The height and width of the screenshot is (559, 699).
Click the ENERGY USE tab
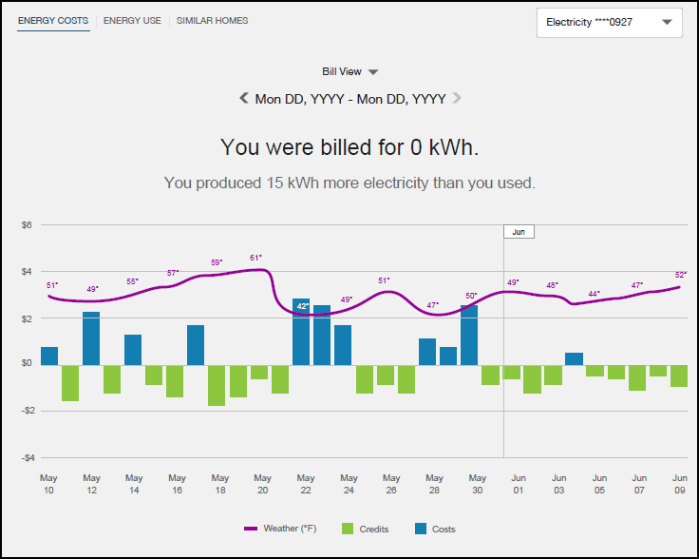tap(132, 20)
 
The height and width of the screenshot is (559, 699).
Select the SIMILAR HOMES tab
tap(212, 20)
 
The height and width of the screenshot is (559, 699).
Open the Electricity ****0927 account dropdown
tap(609, 22)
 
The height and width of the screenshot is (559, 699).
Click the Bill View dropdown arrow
tap(373, 72)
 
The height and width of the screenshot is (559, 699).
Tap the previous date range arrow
tap(244, 97)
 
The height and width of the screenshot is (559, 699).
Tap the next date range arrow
tap(457, 97)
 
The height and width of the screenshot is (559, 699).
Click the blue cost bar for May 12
tap(91, 337)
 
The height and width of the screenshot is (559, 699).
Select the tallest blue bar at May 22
tap(301, 331)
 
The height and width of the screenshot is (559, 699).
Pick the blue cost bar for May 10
tap(49, 356)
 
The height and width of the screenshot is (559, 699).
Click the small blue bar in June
tap(574, 358)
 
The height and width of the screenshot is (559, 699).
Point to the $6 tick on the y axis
tap(28, 225)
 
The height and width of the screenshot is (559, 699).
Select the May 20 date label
tap(263, 484)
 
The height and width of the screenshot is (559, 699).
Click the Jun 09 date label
tap(680, 484)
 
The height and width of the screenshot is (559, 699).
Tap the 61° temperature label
tap(255, 258)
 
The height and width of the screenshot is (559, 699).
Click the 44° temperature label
tap(595, 294)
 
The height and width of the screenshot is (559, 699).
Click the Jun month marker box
tap(519, 231)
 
